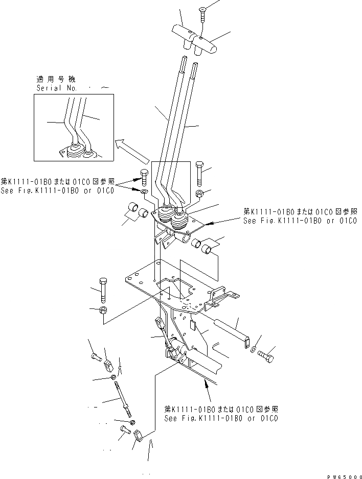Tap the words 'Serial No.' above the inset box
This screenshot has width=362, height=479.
tap(56, 88)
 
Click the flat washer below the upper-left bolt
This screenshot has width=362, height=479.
tap(144, 192)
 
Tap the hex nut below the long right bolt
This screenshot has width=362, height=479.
tap(200, 194)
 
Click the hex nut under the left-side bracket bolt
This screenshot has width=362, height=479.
tap(103, 310)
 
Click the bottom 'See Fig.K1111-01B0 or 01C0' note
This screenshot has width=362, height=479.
tap(221, 418)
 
